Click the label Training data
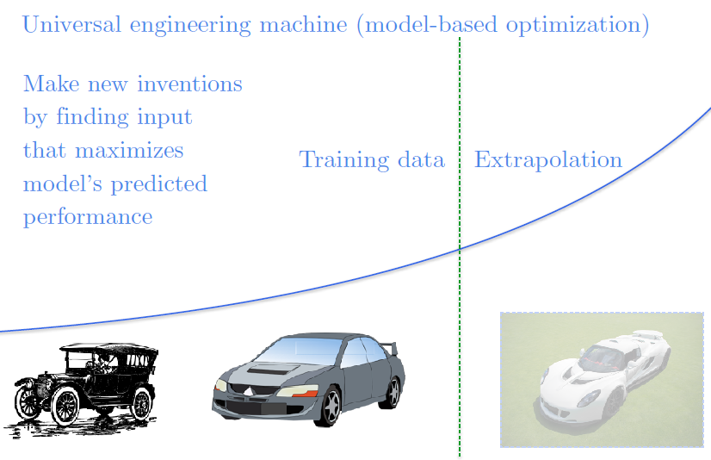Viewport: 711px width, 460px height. click(372, 160)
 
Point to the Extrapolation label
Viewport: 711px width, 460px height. click(548, 160)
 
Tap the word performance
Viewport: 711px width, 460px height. click(88, 216)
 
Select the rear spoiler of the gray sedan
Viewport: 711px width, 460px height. click(390, 347)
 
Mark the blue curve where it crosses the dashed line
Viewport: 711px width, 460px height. click(460, 248)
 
